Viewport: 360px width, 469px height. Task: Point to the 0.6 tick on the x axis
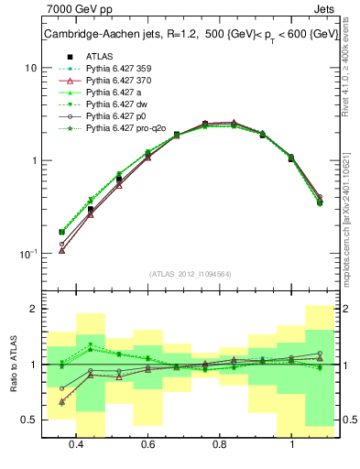coord(148,445)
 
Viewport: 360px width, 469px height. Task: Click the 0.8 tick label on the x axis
coord(220,445)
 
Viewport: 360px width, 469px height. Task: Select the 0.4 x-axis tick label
coord(77,445)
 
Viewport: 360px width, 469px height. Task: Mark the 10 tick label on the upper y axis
coord(30,69)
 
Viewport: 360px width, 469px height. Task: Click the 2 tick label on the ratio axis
coord(33,310)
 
